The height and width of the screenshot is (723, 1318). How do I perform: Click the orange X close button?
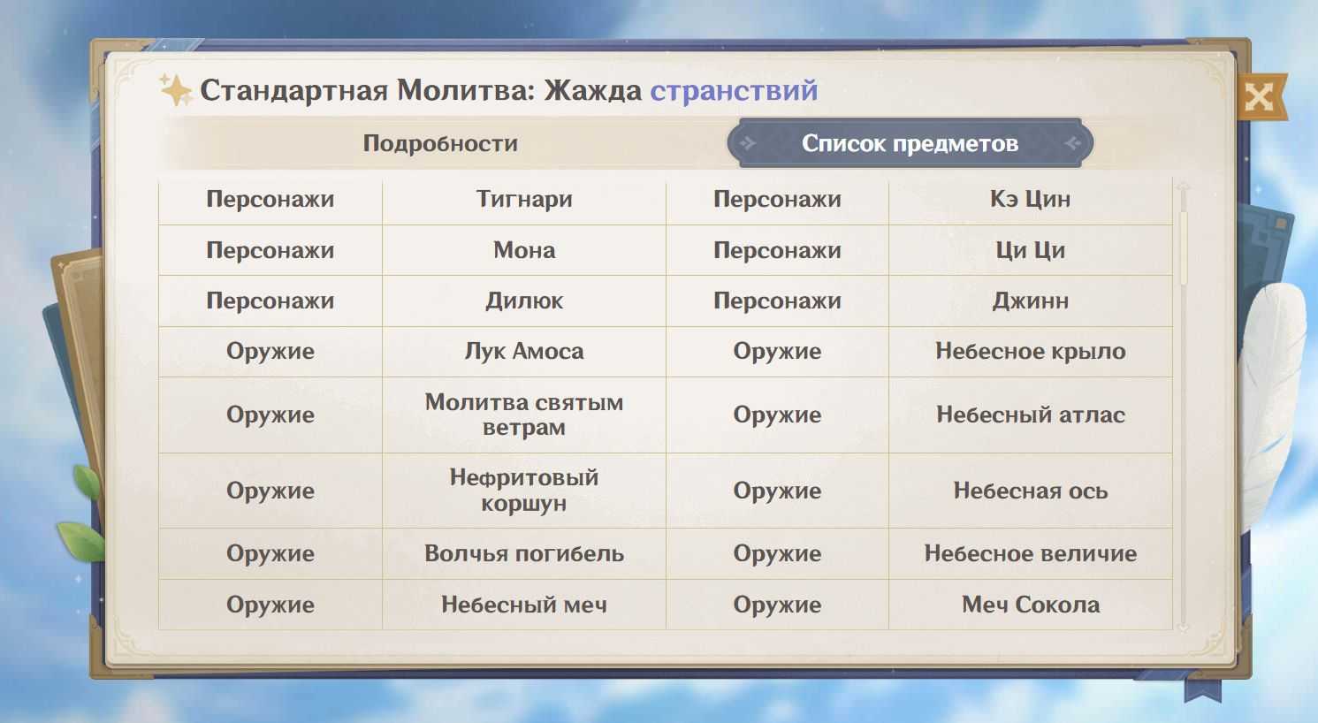pos(1261,96)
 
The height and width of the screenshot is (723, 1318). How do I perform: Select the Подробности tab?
pos(440,143)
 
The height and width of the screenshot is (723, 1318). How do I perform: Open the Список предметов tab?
pos(910,143)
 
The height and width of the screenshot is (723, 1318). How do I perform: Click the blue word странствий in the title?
pos(734,90)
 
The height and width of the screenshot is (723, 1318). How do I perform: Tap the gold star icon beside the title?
pos(176,90)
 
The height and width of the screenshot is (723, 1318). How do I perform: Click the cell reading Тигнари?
pos(524,200)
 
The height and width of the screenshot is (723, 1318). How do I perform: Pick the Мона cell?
pos(524,250)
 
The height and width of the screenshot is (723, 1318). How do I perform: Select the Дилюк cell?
pos(524,301)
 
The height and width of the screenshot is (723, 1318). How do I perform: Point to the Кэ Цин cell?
pos(1031,200)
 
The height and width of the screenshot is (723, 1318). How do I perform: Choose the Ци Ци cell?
pos(1031,250)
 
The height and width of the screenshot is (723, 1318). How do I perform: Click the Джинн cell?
pos(1031,301)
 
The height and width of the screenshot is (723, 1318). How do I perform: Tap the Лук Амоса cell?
pos(524,351)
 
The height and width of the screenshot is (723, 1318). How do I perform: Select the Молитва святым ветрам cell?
pos(524,415)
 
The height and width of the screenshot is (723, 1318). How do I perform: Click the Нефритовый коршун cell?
pos(524,490)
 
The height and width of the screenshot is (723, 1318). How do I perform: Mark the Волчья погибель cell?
pos(524,553)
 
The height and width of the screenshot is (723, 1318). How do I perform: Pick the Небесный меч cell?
pos(524,605)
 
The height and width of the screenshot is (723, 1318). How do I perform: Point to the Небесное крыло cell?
pos(1031,351)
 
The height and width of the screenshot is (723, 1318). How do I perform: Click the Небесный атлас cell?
pos(1031,415)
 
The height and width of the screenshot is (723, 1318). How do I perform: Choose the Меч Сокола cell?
pos(1031,605)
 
